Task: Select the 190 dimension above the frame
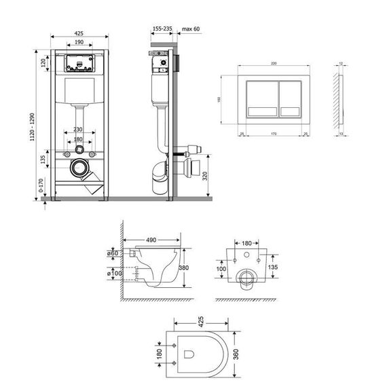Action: click(x=80, y=42)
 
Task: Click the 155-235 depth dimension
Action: click(x=162, y=29)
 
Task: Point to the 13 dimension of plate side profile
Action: click(x=339, y=134)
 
